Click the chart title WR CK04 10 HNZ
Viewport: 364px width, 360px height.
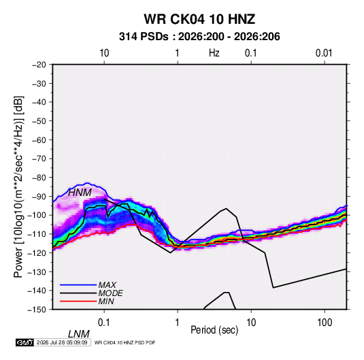click(x=199, y=19)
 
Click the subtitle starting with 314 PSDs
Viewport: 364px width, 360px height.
click(x=199, y=37)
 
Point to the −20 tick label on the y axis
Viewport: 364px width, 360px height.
click(x=39, y=65)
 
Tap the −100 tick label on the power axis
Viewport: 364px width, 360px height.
click(x=37, y=215)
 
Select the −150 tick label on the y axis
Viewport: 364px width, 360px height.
click(x=37, y=310)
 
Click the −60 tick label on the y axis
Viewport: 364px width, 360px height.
click(x=39, y=140)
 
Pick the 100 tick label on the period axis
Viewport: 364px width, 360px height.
click(x=325, y=323)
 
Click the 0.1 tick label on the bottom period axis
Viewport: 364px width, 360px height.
click(x=104, y=323)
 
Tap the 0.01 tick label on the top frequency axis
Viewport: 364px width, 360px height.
click(x=324, y=53)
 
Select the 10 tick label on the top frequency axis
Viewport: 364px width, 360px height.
click(x=104, y=53)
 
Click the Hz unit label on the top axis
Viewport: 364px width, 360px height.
click(x=214, y=53)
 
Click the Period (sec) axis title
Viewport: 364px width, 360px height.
click(x=214, y=330)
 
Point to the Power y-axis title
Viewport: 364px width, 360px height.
click(x=18, y=186)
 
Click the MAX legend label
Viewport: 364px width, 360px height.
click(x=107, y=284)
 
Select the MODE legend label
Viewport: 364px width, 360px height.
click(x=110, y=293)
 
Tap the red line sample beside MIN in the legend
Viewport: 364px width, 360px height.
click(x=78, y=301)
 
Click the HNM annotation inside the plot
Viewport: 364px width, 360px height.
click(x=80, y=193)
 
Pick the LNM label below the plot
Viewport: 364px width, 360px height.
click(x=78, y=334)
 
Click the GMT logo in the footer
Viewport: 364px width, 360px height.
click(x=24, y=342)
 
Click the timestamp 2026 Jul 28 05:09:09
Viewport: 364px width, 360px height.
click(x=62, y=342)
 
